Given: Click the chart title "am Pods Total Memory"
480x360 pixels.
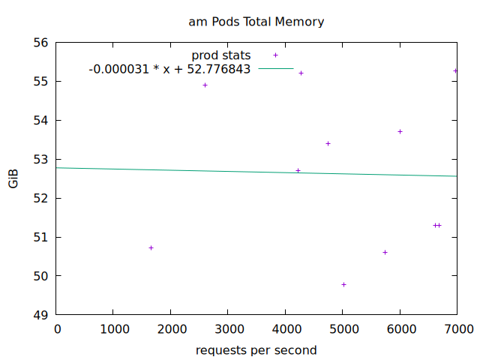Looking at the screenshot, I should pyautogui.click(x=256, y=22).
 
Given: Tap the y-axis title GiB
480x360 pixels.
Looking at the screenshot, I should pyautogui.click(x=14, y=178).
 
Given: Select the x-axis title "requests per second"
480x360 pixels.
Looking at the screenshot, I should pyautogui.click(x=256, y=350).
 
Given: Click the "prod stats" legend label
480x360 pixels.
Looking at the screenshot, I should pyautogui.click(x=220, y=55).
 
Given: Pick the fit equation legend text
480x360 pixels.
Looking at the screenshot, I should pyautogui.click(x=169, y=69).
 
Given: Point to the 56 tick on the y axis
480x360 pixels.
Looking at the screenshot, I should pyautogui.click(x=40, y=43).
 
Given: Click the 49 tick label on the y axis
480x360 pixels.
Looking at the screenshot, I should pyautogui.click(x=40, y=315).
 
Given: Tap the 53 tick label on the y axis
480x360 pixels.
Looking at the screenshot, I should pyautogui.click(x=40, y=160).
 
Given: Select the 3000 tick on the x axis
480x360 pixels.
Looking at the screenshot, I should pyautogui.click(x=228, y=329).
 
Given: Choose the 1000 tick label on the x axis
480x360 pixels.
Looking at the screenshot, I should pyautogui.click(x=113, y=329).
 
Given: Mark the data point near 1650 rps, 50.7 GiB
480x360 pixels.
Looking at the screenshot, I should pyautogui.click(x=151, y=247).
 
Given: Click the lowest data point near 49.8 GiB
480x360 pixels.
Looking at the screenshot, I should pyautogui.click(x=343, y=284).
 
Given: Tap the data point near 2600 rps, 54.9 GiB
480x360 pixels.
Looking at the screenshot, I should pyautogui.click(x=205, y=85).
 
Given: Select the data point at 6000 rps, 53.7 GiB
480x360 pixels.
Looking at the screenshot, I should pyautogui.click(x=400, y=131).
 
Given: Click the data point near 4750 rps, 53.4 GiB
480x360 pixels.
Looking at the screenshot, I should pyautogui.click(x=328, y=143).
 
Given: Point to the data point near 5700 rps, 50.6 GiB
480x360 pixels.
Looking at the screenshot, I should pyautogui.click(x=385, y=252).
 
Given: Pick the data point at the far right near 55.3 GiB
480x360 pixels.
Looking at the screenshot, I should pyautogui.click(x=455, y=70).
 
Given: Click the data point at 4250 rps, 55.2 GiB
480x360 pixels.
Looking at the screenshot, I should pyautogui.click(x=301, y=73).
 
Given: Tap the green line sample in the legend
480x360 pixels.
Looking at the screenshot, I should pyautogui.click(x=275, y=69).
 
